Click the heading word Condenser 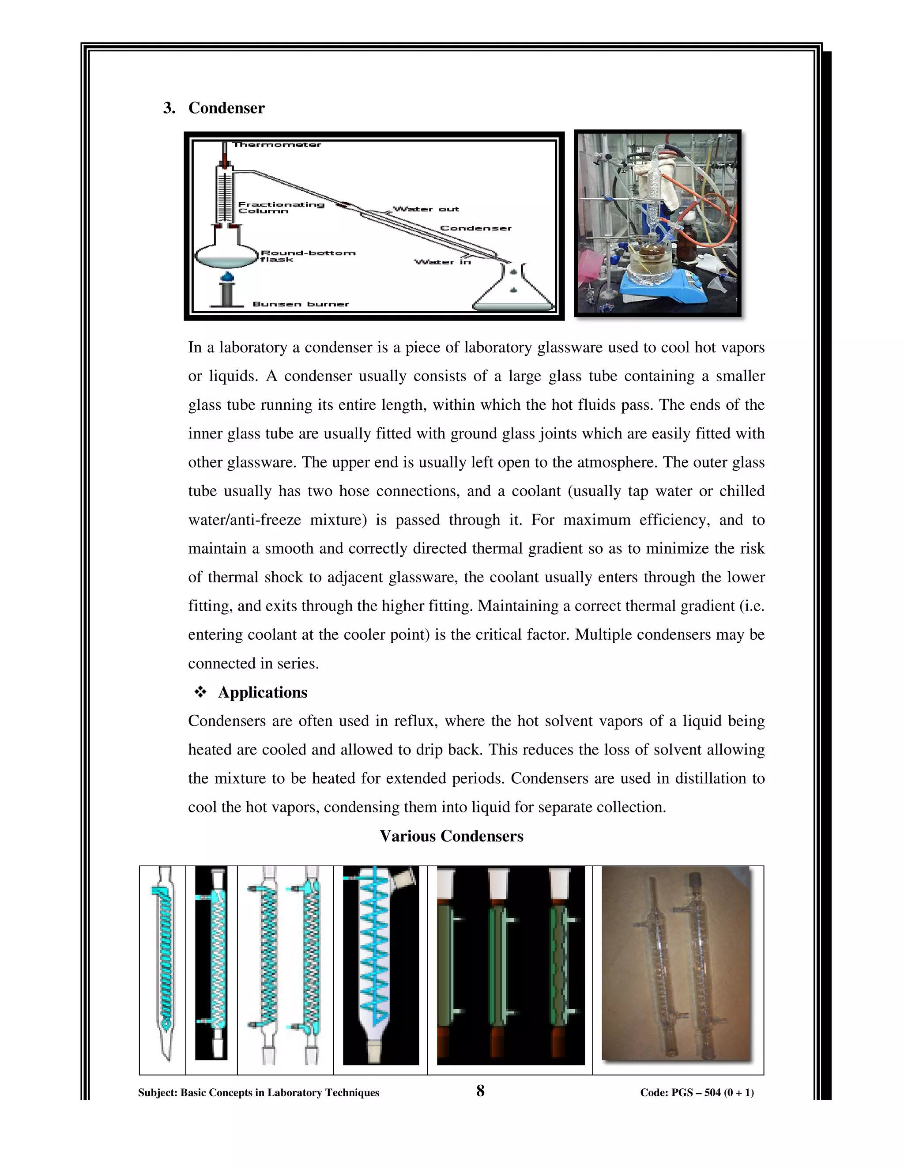tap(226, 108)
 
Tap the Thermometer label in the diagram tap(276, 145)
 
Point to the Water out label tap(426, 209)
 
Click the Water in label tap(442, 261)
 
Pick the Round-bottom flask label tap(307, 256)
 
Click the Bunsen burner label tap(301, 304)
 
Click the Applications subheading tap(263, 692)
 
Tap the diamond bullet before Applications tap(200, 692)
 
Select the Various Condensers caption tap(452, 836)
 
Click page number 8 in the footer tap(480, 1091)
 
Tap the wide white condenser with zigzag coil tap(380, 964)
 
